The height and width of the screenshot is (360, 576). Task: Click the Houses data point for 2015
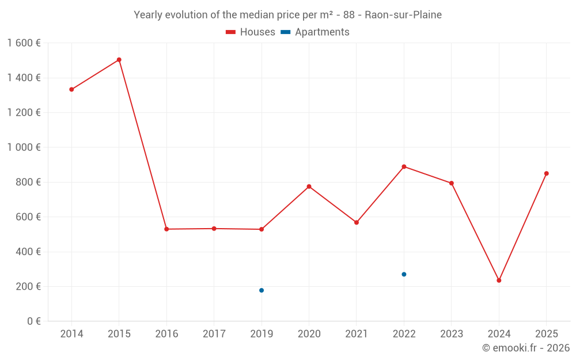pos(119,60)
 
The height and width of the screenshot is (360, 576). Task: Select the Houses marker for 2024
pos(499,281)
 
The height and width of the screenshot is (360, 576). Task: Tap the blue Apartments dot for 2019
pos(262,290)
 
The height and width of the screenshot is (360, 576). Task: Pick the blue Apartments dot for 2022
pos(404,274)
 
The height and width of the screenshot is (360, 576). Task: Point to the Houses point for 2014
pos(71,89)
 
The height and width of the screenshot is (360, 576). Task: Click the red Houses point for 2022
pos(404,166)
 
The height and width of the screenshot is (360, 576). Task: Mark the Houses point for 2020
pos(309,187)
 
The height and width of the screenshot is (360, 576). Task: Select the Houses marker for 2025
pos(547,173)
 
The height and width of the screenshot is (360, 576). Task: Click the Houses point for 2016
pos(166,229)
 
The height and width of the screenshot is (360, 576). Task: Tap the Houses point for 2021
pos(357,222)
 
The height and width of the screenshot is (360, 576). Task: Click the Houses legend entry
pos(251,32)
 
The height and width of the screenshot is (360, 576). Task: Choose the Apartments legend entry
pos(315,32)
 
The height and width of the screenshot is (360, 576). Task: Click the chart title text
pos(287,15)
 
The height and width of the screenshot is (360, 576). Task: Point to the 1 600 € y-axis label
pos(24,43)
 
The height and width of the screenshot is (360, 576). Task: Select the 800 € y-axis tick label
pos(26,182)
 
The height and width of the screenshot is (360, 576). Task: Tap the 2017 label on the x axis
pos(214,334)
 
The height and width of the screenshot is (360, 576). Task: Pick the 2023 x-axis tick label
pos(452,334)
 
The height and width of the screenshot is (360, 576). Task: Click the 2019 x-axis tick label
pos(262,334)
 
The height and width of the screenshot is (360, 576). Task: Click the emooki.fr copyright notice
pos(526,348)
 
